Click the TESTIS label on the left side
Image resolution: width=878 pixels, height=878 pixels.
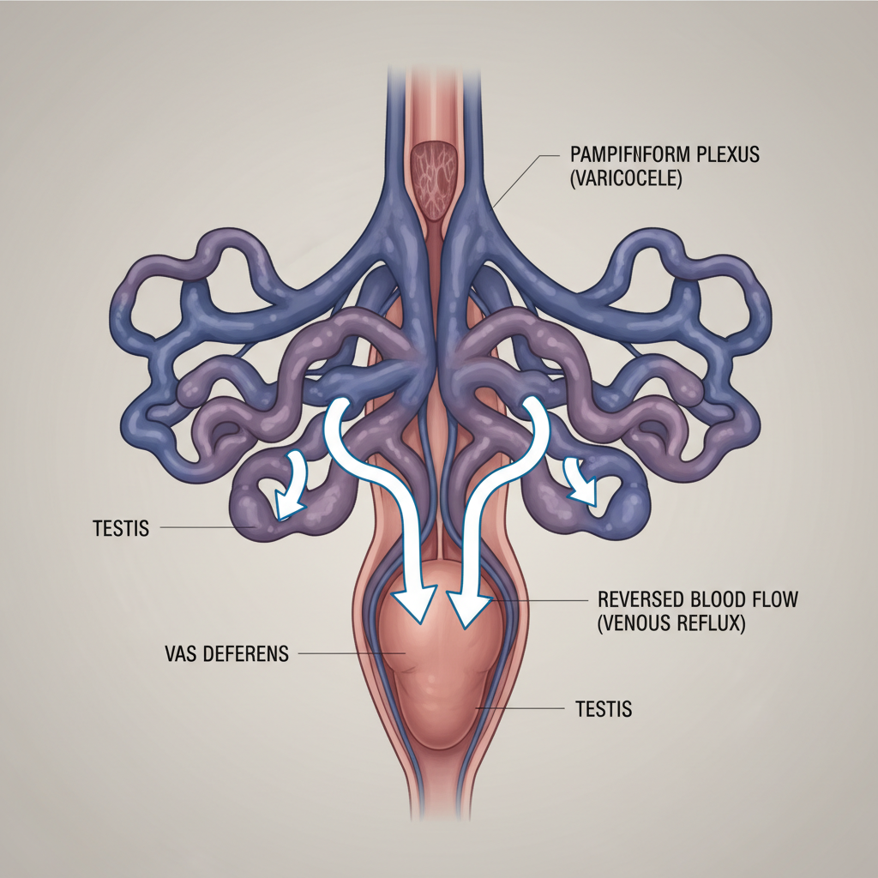point(120,528)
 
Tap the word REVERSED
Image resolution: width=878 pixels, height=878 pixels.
point(640,600)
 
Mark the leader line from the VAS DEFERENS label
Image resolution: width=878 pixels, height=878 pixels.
point(343,654)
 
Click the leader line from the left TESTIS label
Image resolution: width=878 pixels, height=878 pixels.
point(206,528)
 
